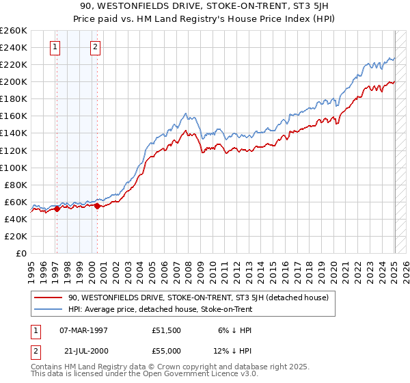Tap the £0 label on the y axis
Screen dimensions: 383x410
click(x=22, y=253)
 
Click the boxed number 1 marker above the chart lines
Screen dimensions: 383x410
click(x=55, y=47)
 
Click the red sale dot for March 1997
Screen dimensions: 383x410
click(x=57, y=209)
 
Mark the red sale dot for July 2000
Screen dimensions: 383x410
click(x=98, y=206)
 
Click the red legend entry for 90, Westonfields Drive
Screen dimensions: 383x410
click(x=198, y=298)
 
